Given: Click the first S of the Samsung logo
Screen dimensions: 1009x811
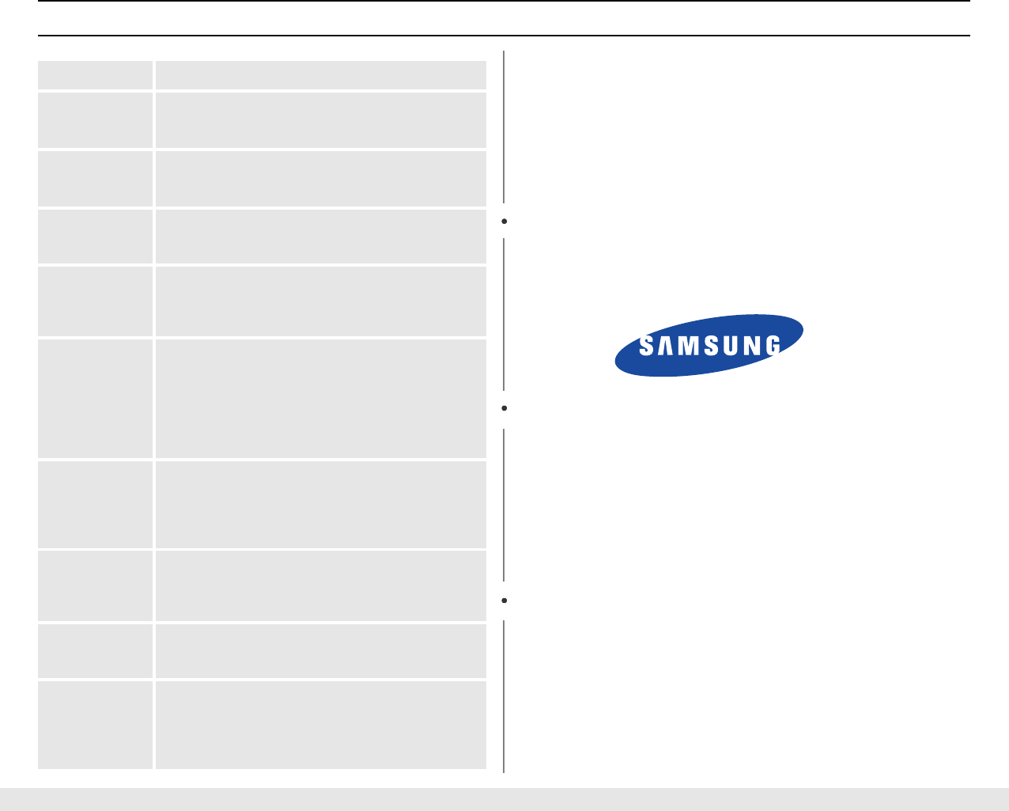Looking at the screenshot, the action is coord(646,346).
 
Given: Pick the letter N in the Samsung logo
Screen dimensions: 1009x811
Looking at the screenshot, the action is coord(751,346).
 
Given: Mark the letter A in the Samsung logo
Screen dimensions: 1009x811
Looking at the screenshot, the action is coord(666,346).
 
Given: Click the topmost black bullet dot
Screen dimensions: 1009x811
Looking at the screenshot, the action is coord(504,222).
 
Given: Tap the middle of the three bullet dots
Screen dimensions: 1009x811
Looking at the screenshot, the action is coord(504,408).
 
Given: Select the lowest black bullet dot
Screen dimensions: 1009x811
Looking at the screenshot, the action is coord(504,601).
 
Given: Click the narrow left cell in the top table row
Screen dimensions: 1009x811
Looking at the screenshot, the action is coord(95,75).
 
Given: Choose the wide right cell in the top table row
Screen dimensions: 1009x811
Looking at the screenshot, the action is coord(320,75).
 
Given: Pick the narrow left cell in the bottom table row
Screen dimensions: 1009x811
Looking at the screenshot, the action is coord(95,724).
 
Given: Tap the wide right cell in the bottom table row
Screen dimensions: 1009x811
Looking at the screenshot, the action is coord(320,724).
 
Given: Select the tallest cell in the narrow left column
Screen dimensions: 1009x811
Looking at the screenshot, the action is coord(95,398).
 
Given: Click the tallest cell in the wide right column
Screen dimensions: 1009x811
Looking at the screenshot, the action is coord(320,398).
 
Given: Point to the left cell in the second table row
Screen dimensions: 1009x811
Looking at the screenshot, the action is coord(95,119).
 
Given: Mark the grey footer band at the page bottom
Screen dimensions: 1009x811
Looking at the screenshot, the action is coord(504,799).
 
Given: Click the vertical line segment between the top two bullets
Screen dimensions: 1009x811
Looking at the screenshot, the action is coord(504,314).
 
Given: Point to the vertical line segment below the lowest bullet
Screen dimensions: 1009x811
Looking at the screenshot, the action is coord(504,695).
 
